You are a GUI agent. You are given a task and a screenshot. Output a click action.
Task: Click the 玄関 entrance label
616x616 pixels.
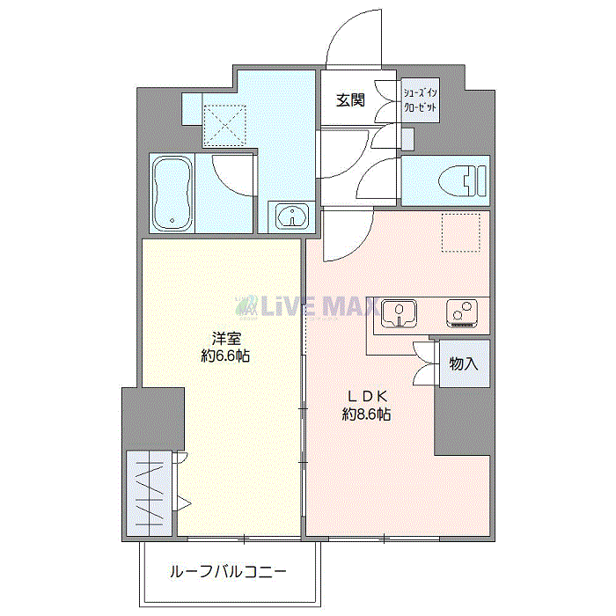348,100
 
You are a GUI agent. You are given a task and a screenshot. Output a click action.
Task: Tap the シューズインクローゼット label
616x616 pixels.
420,100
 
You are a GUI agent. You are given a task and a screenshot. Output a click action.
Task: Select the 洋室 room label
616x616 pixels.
224,338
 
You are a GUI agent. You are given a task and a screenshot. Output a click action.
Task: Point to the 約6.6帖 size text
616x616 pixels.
224,356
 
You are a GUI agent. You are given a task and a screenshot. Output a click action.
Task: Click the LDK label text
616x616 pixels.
366,395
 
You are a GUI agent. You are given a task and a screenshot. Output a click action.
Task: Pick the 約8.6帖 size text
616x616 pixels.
366,414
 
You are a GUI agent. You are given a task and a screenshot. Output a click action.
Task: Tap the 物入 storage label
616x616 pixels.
463,363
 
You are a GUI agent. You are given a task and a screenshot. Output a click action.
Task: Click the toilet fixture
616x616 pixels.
462,179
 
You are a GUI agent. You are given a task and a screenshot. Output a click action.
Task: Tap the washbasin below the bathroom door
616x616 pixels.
290,216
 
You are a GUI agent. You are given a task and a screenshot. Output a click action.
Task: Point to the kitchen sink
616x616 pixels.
400,313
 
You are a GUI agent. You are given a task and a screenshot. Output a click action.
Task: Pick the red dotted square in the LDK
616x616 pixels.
461,232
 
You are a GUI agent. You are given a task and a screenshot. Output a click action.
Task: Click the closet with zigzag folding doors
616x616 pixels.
150,492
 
